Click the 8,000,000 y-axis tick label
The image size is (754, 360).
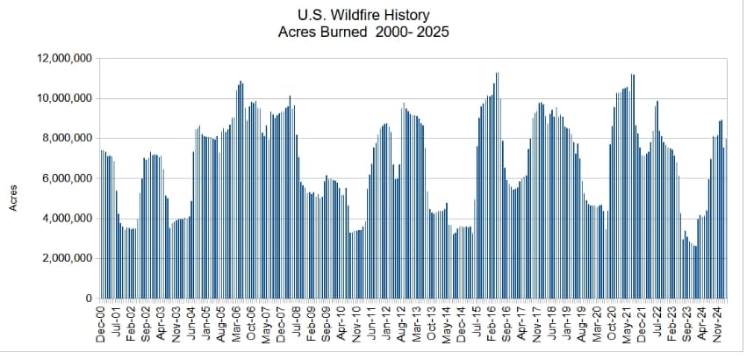(x=63, y=139)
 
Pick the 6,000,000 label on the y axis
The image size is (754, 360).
(x=63, y=178)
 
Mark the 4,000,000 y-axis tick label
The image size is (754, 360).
(x=63, y=219)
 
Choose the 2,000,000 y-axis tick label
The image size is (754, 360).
(x=63, y=258)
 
